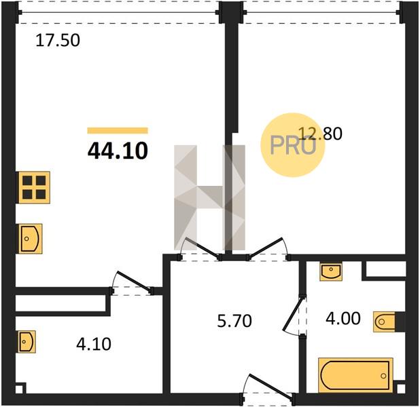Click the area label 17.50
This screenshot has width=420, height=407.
click(x=58, y=41)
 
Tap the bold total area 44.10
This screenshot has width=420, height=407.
click(x=118, y=151)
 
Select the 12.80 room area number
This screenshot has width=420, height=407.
click(x=320, y=134)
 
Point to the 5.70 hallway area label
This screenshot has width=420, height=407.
click(x=234, y=321)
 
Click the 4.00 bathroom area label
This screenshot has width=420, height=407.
click(x=343, y=319)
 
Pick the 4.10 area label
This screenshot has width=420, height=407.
click(x=94, y=344)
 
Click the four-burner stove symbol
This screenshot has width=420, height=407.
click(x=34, y=187)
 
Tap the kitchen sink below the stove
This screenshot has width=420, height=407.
click(x=30, y=239)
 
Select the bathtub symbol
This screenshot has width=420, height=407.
click(x=355, y=375)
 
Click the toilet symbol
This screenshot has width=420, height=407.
click(x=385, y=322)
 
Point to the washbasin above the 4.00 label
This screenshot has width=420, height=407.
click(x=331, y=272)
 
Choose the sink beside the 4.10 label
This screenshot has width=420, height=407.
click(x=27, y=342)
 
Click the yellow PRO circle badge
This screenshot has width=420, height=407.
click(x=292, y=144)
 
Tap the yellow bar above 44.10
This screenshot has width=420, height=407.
click(x=118, y=130)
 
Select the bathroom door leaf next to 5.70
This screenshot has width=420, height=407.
click(x=294, y=313)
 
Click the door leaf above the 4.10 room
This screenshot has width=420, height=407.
click(x=133, y=281)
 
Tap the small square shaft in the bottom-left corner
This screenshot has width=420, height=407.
click(x=19, y=389)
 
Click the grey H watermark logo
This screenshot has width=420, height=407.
click(x=209, y=197)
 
